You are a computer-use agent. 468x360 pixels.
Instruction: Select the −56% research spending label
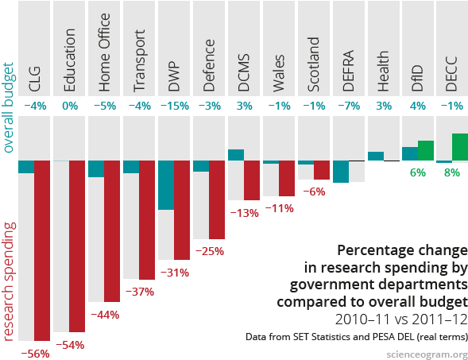click(34, 352)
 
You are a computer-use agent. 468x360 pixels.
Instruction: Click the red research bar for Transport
click(147, 219)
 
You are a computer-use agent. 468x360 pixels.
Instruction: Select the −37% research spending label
click(139, 291)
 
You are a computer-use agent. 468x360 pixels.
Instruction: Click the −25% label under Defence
click(209, 250)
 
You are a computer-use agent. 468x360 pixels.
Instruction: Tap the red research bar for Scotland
click(321, 169)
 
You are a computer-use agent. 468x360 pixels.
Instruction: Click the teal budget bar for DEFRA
click(341, 171)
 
